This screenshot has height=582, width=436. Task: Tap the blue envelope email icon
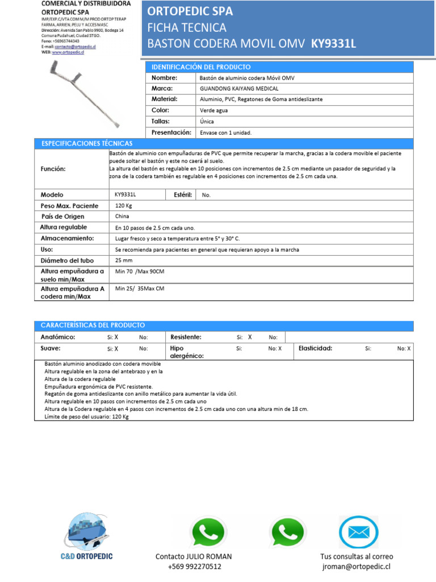tap(358, 533)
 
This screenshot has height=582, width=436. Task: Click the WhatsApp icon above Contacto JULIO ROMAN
tap(207, 533)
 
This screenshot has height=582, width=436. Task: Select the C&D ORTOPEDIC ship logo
tap(86, 531)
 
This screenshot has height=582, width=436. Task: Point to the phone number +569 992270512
tap(194, 567)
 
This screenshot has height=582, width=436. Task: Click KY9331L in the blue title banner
tap(334, 43)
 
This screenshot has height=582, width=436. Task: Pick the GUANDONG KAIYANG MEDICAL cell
tap(239, 89)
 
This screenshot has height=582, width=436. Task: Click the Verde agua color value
tap(214, 110)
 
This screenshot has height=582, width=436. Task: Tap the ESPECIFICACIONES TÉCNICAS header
tap(86, 143)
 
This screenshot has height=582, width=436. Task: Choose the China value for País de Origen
tap(122, 217)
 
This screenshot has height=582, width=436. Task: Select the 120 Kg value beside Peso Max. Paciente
tap(123, 206)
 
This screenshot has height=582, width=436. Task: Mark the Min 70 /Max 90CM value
tap(140, 272)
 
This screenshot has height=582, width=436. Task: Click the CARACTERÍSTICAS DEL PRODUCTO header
tap(93, 325)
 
